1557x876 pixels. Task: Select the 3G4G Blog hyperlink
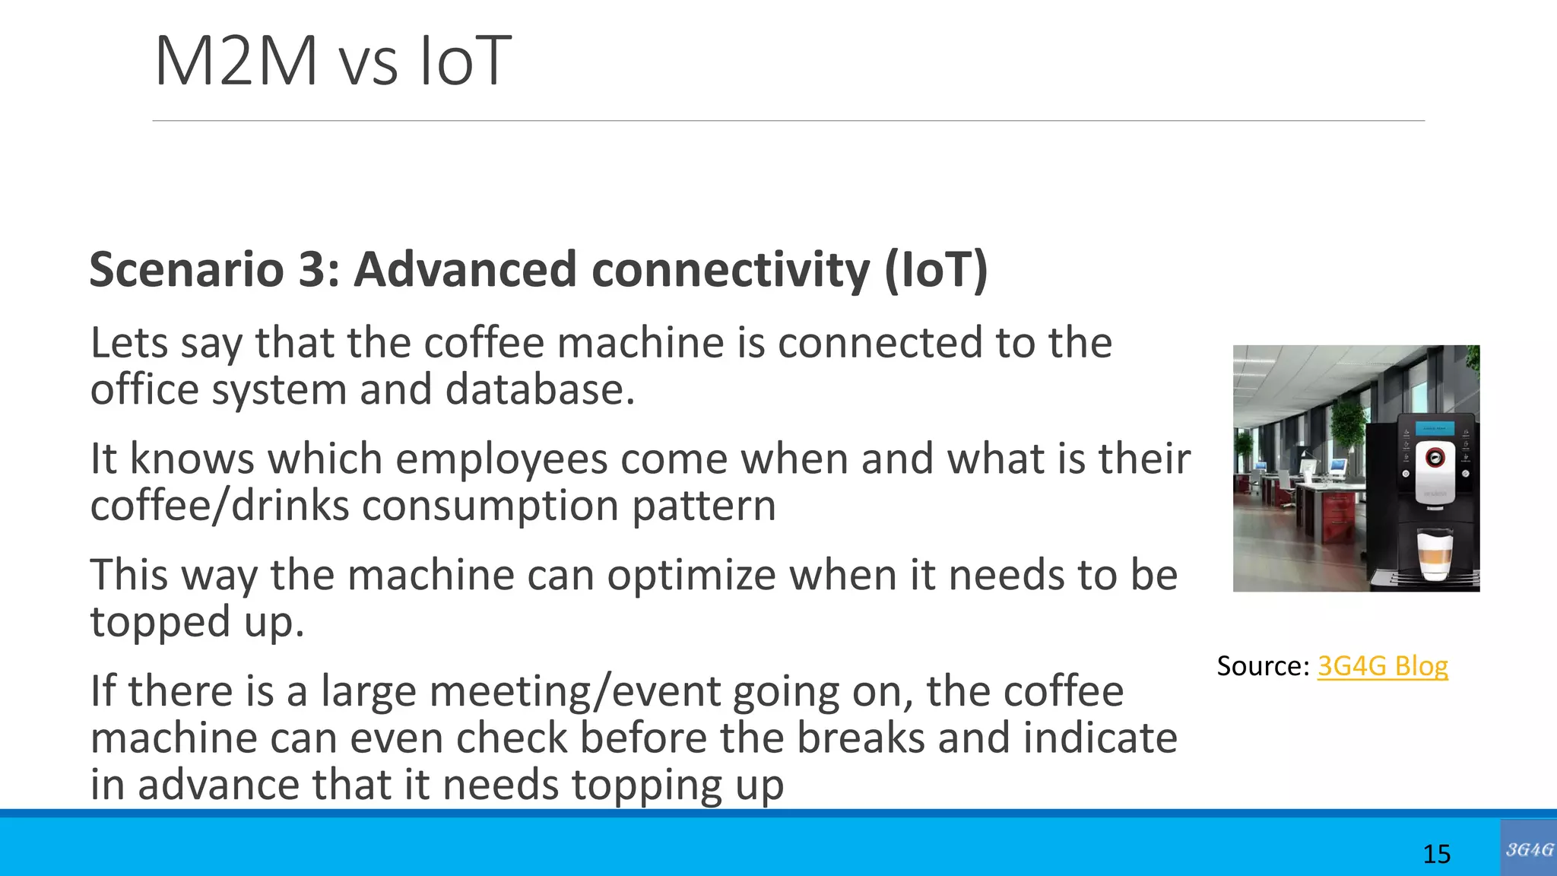(x=1382, y=666)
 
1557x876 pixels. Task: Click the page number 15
(x=1436, y=854)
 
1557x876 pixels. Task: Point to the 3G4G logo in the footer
(x=1528, y=849)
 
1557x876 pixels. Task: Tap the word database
(x=539, y=390)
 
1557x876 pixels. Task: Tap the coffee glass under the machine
(x=1435, y=555)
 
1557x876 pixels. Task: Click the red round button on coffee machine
(x=1434, y=457)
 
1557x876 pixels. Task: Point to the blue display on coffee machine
(x=1434, y=427)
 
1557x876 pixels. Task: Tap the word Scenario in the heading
(x=187, y=269)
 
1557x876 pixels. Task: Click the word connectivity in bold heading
(x=730, y=269)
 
